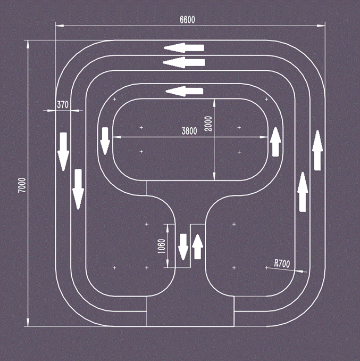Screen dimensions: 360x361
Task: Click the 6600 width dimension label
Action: pos(187,20)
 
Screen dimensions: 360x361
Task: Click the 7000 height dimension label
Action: pos(22,185)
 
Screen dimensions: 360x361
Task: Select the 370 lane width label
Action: pos(63,105)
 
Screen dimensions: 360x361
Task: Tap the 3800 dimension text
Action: pos(189,131)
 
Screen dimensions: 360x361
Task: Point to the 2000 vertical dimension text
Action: pos(208,124)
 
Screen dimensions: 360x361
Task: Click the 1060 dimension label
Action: pos(162,246)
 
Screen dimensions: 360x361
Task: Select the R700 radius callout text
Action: pos(282,264)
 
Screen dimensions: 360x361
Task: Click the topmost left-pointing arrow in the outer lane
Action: pos(184,48)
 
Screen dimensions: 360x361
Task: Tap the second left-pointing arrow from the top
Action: pos(183,63)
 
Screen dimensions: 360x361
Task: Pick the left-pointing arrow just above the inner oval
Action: pos(185,91)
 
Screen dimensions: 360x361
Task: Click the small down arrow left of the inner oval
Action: pos(105,141)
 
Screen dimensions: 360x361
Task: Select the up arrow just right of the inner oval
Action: pos(275,142)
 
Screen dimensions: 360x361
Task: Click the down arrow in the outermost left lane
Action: pos(63,152)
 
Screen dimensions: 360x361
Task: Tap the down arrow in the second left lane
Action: pos(78,189)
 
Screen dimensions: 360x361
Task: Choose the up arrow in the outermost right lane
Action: pos(317,150)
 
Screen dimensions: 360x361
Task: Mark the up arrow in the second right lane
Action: pos(303,192)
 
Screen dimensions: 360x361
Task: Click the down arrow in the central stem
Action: pos(183,247)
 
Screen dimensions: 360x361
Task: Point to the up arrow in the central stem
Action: pos(197,247)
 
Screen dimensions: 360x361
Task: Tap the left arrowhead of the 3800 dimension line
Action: pos(116,137)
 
